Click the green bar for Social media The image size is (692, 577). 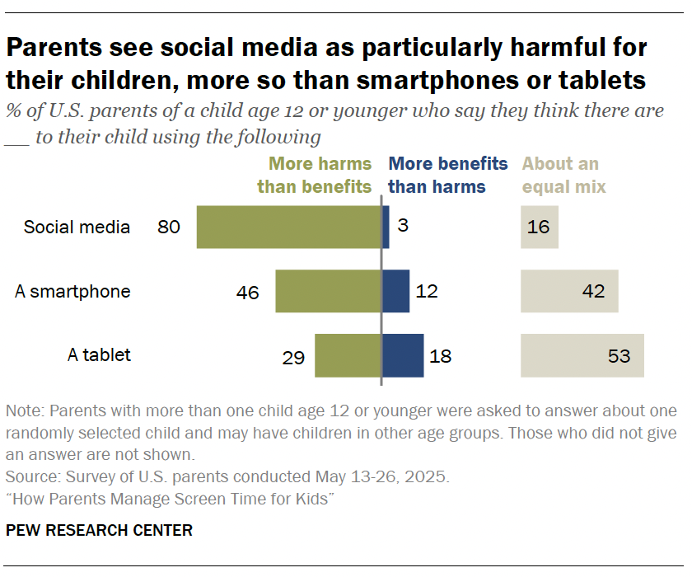point(288,227)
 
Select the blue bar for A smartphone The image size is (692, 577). point(395,291)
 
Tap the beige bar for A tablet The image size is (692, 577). point(582,356)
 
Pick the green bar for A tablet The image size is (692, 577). point(348,356)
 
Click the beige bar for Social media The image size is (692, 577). point(539,227)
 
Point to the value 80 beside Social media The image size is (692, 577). point(169,227)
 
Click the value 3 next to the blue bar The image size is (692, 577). point(403,227)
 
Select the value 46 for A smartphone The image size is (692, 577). point(247,292)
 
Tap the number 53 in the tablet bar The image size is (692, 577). point(619,356)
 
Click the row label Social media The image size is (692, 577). point(77,227)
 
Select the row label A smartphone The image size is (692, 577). point(72,292)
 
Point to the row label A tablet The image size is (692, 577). point(99,356)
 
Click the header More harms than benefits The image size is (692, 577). point(315,176)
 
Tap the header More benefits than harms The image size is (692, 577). point(447,176)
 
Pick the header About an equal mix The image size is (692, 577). point(563,176)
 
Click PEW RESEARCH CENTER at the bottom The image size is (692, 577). point(99,530)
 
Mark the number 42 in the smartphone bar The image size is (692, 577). point(593,292)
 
